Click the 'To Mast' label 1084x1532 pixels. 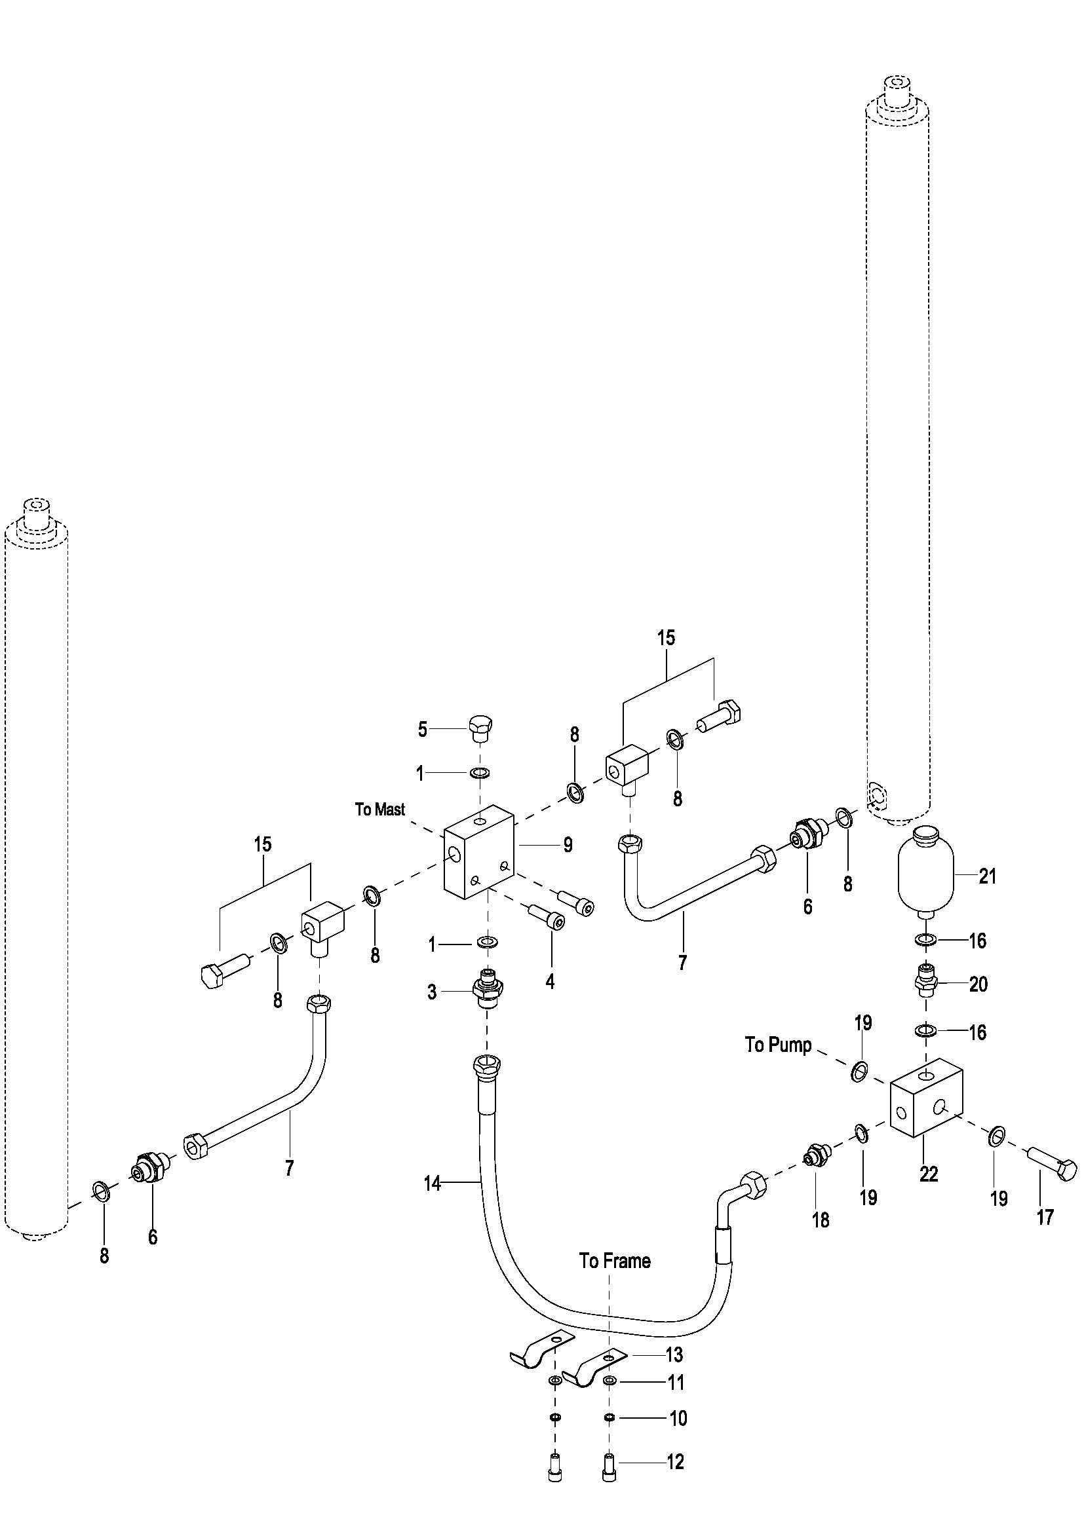point(380,810)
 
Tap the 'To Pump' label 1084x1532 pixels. point(779,1045)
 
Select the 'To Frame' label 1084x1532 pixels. point(615,1260)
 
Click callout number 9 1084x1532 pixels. point(568,846)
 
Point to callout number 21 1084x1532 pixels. point(988,876)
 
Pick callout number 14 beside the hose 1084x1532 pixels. point(432,1184)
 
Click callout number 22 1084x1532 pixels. point(929,1174)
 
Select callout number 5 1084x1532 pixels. point(423,729)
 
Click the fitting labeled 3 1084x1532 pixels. point(488,991)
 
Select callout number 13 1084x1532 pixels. point(674,1355)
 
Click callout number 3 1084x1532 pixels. point(432,992)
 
